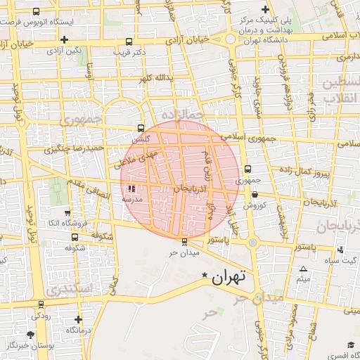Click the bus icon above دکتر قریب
click(x=128, y=41)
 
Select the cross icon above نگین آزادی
click(x=65, y=40)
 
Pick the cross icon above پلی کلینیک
click(x=265, y=10)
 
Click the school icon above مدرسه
click(x=132, y=188)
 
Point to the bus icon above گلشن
click(x=141, y=129)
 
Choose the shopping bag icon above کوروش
click(x=254, y=195)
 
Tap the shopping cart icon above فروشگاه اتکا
click(x=67, y=213)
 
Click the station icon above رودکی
click(x=41, y=305)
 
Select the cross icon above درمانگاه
click(x=77, y=319)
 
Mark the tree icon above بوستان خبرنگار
click(x=30, y=335)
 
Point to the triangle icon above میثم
click(x=304, y=269)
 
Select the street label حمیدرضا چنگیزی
click(x=74, y=149)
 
